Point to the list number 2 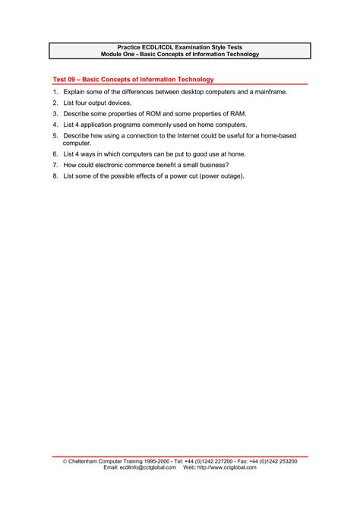55,102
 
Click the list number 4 55,124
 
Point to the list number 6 55,153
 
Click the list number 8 55,175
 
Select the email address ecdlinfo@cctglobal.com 148,467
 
